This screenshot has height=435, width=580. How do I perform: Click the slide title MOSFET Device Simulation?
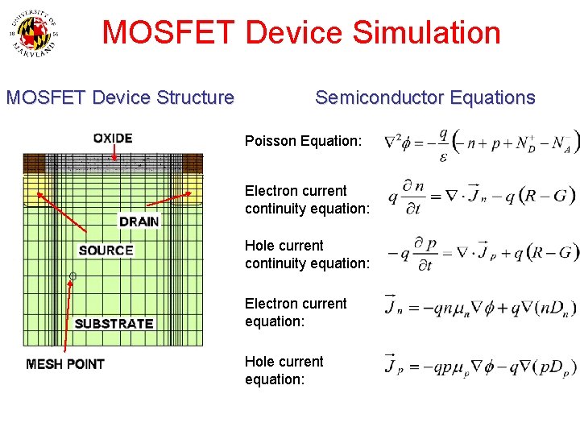301,33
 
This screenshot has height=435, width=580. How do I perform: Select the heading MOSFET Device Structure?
120,98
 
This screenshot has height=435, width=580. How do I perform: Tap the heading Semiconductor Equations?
425,98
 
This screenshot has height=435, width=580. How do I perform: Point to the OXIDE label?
113,139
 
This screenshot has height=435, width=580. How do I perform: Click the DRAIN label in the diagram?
139,222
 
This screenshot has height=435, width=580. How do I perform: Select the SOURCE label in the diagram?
106,251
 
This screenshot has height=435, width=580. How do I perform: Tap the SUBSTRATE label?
114,324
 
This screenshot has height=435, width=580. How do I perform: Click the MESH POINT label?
65,364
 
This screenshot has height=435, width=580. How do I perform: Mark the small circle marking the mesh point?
72,276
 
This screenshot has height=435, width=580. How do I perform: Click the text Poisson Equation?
303,141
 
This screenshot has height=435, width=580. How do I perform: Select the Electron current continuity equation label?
307,200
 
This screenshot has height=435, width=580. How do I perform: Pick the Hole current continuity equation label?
307,255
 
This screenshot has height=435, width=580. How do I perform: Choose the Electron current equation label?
296,313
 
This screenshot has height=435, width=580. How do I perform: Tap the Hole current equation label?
284,371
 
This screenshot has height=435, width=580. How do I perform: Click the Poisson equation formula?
481,143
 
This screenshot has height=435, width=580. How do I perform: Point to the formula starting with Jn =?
481,306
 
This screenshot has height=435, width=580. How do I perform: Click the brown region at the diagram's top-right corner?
193,164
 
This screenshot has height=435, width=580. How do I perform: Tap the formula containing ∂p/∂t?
482,252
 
